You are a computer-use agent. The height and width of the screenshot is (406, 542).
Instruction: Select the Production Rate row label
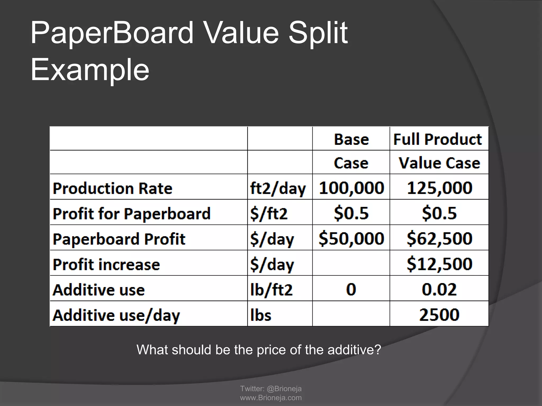pos(112,188)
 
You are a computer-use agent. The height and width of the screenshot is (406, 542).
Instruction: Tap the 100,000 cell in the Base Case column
pos(351,188)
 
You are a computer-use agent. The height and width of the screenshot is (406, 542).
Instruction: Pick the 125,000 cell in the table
pos(439,188)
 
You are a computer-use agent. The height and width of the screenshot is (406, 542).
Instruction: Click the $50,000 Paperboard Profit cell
pos(351,238)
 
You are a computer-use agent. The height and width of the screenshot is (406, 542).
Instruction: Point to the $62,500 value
pos(439,238)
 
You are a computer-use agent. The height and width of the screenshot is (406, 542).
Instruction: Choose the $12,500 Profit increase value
pos(439,264)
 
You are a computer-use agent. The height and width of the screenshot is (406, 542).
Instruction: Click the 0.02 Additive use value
pos(439,289)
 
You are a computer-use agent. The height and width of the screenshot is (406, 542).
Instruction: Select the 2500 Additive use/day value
pos(439,315)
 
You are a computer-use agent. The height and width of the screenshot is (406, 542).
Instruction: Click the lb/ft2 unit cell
pos(271,290)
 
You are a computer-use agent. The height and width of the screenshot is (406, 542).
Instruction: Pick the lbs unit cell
pos(261,315)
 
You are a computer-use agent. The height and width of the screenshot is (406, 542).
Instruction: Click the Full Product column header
pos(437,139)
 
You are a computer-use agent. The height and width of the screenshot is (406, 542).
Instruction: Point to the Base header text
pos(351,139)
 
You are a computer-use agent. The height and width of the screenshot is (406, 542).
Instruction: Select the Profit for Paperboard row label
pos(132,214)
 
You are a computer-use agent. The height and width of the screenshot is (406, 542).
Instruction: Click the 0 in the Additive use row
pos(351,289)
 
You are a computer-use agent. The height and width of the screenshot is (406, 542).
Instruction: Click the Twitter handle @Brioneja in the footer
pos(284,389)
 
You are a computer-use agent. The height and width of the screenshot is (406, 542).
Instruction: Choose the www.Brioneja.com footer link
pos(271,398)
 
